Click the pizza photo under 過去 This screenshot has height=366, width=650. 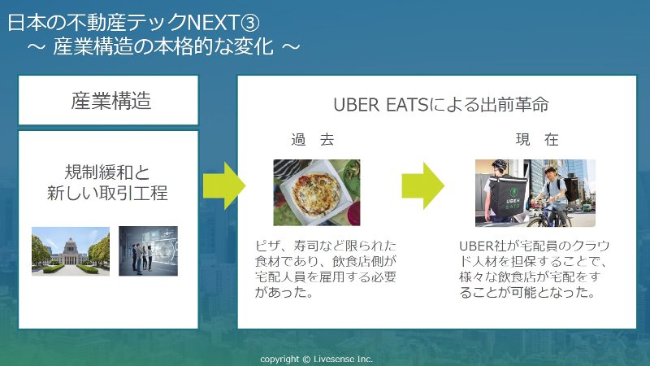(317, 193)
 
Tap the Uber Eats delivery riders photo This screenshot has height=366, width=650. (535, 193)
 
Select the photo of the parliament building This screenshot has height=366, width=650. (71, 251)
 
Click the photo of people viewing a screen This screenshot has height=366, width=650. (149, 251)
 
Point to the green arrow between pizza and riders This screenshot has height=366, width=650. (422, 185)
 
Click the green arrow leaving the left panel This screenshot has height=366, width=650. (224, 185)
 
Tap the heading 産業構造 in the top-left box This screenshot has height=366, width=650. (111, 100)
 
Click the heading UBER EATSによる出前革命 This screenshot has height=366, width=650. (441, 105)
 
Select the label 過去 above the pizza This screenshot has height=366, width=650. (313, 139)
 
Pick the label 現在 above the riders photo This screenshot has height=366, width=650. (537, 139)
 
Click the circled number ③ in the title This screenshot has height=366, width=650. (250, 23)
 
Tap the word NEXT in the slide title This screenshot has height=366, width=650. (214, 23)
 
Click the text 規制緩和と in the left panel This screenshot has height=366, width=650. (107, 172)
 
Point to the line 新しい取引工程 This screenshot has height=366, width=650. (107, 193)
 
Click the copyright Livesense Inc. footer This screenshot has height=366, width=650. (317, 359)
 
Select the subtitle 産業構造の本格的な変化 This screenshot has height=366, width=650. (163, 46)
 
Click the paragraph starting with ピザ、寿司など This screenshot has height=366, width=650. (326, 269)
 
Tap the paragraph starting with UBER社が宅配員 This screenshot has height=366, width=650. (534, 269)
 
